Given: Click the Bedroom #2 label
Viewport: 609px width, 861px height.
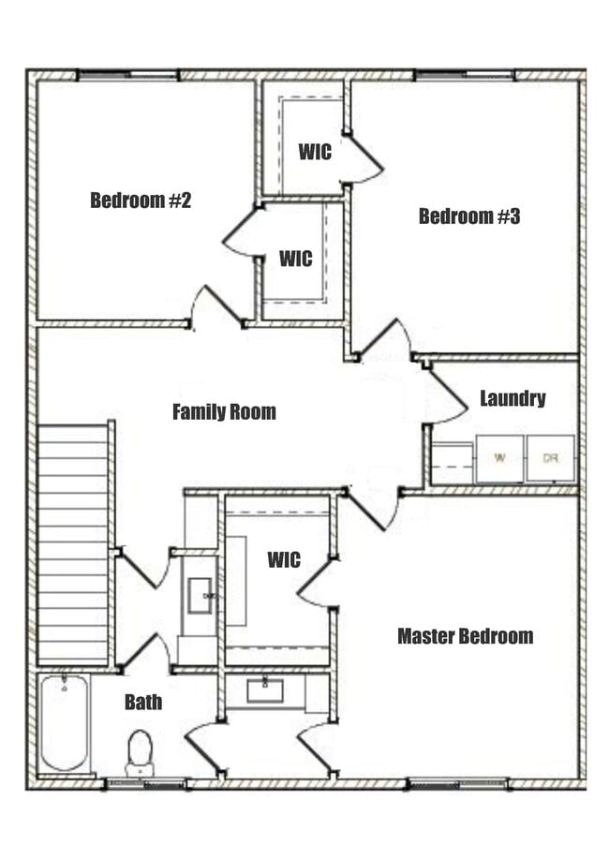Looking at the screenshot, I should tap(141, 200).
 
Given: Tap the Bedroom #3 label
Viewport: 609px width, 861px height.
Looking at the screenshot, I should tap(468, 216).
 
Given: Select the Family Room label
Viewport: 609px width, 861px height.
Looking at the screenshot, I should tap(224, 411).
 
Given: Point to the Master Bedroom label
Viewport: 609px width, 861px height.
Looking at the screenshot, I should tap(465, 636).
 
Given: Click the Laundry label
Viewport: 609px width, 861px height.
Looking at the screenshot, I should tap(512, 398).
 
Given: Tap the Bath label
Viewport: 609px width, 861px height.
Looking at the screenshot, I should tap(143, 702).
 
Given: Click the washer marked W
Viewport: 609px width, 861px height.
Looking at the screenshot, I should tap(499, 458).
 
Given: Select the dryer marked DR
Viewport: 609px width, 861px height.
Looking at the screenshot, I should tap(550, 458).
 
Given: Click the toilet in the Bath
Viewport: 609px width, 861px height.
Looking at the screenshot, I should tap(140, 750).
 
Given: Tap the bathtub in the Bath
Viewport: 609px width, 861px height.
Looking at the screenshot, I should tap(64, 722).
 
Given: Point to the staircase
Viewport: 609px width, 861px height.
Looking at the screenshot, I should tap(73, 543).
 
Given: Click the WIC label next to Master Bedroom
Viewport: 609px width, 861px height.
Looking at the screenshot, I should tap(284, 560).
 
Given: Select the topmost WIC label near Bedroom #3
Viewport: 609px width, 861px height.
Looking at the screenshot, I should tap(315, 152).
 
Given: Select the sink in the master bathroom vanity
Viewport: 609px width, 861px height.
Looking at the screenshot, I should tap(265, 691).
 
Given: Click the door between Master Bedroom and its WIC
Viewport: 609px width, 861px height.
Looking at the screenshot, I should tap(319, 583).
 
